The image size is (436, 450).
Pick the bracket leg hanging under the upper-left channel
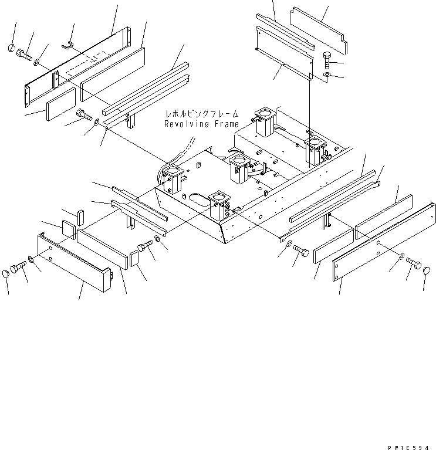[x=132, y=121]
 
